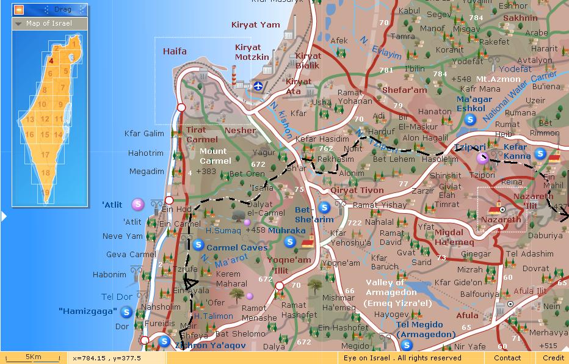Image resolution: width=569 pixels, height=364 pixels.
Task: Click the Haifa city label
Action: click(175, 51)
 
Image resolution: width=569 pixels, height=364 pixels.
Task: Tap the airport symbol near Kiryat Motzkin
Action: click(259, 86)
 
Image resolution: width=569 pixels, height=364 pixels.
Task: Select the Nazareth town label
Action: click(501, 219)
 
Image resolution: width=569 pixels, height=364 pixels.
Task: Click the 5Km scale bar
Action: click(33, 357)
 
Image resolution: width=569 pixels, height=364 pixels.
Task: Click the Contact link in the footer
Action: click(507, 358)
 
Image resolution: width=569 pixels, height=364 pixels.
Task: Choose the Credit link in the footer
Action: click(553, 358)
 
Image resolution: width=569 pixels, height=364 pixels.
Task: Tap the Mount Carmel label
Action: click(213, 156)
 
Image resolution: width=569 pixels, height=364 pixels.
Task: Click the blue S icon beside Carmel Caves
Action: click(198, 245)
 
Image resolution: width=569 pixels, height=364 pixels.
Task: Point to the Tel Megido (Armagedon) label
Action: click(426, 329)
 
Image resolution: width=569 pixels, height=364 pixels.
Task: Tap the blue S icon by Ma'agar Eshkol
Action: click(469, 120)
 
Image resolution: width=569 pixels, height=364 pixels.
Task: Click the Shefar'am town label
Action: click(404, 90)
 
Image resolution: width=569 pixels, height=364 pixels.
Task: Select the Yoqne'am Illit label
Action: click(289, 264)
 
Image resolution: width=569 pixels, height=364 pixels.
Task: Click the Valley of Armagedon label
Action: click(394, 293)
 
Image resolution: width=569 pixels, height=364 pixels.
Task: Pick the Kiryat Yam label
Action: click(255, 25)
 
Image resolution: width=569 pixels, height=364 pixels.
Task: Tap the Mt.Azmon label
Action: click(498, 79)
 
